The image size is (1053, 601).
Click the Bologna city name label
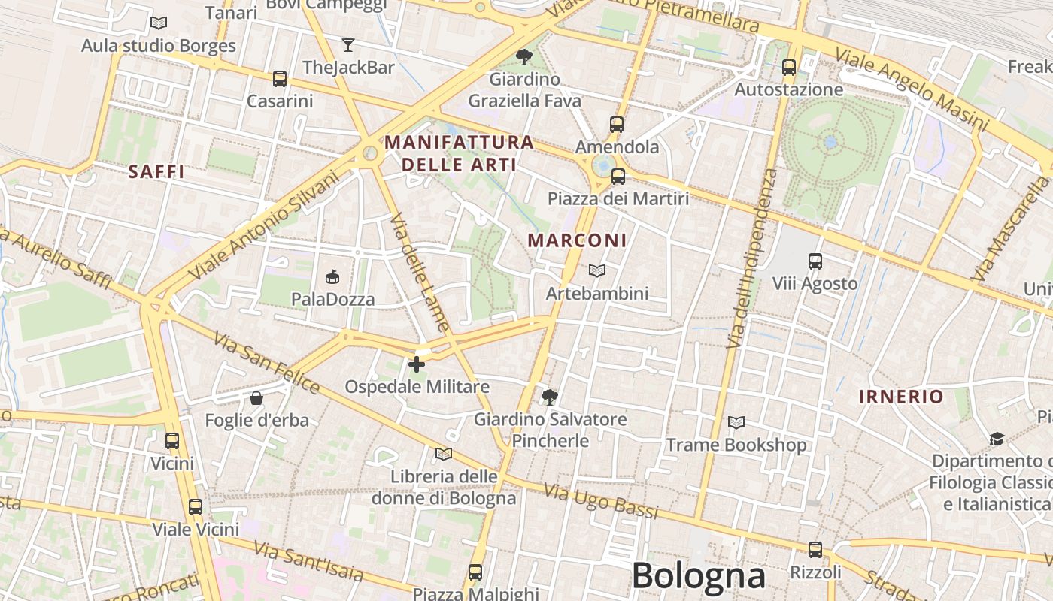[698, 577]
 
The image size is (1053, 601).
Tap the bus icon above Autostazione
[788, 68]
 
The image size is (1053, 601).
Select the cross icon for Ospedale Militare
[416, 364]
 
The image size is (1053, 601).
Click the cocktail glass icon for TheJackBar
[347, 45]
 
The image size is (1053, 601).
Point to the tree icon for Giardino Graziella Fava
[523, 56]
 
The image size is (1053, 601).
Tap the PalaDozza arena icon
[332, 277]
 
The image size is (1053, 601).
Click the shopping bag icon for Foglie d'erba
[256, 397]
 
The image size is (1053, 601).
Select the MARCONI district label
[577, 240]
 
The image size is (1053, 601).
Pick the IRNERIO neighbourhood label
[901, 397]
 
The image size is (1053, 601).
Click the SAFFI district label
[156, 171]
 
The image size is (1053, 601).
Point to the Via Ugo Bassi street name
[600, 503]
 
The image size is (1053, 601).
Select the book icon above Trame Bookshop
[736, 422]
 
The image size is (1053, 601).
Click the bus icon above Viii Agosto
[815, 261]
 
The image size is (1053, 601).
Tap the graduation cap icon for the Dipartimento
[997, 439]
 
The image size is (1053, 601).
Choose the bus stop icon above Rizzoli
[815, 550]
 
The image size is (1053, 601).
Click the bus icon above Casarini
[279, 78]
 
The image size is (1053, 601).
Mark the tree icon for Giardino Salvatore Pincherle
[550, 397]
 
